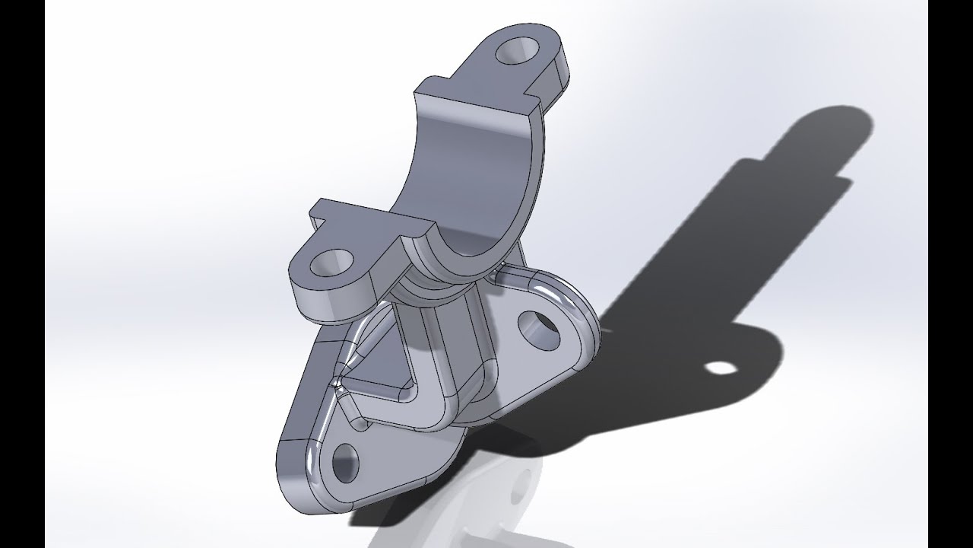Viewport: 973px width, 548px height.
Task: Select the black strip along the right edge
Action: pyautogui.click(x=950, y=274)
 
